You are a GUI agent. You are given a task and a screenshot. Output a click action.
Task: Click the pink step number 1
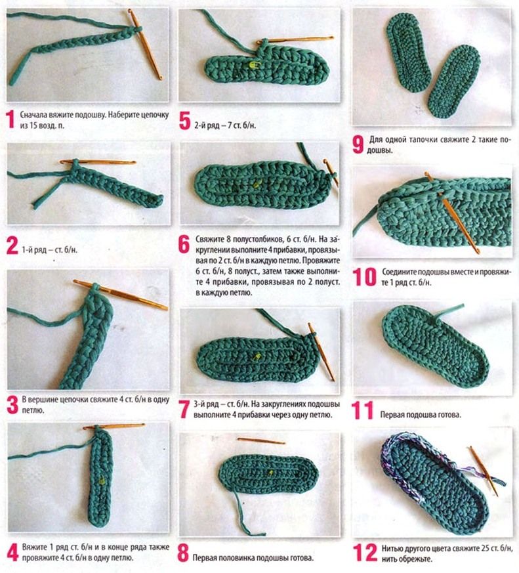[11, 120]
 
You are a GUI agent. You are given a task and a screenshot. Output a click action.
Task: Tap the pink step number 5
[185, 121]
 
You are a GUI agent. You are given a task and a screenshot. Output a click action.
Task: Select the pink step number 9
[358, 144]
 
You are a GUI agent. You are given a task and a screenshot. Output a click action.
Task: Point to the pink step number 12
[365, 553]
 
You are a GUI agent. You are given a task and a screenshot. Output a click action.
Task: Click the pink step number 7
[184, 410]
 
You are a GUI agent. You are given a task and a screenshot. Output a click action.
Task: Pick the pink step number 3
[12, 405]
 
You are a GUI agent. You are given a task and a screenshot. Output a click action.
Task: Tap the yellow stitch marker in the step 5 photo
[253, 65]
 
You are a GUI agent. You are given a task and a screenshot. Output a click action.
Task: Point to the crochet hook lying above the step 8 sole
[261, 440]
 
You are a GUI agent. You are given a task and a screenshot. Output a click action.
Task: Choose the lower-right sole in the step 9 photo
[453, 82]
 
